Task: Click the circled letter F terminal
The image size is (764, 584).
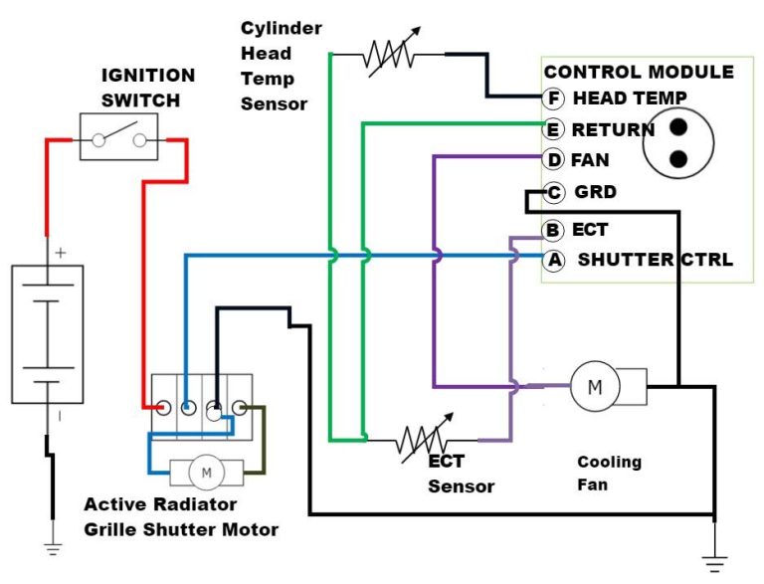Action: (555, 98)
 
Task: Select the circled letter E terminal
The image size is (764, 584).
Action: (554, 129)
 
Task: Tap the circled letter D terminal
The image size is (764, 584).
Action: (554, 160)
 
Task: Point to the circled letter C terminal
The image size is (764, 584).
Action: (555, 192)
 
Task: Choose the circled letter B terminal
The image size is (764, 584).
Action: (554, 230)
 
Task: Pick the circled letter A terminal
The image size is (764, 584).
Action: (554, 260)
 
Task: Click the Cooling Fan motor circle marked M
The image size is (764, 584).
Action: (595, 387)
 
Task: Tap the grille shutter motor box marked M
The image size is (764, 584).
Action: (207, 473)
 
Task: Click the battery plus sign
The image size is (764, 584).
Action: (61, 253)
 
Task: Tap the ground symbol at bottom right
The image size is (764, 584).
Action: (714, 563)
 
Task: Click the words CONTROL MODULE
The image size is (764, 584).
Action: (639, 72)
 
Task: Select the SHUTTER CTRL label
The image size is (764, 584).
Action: (655, 261)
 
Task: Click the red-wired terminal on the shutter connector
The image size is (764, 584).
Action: (162, 406)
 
